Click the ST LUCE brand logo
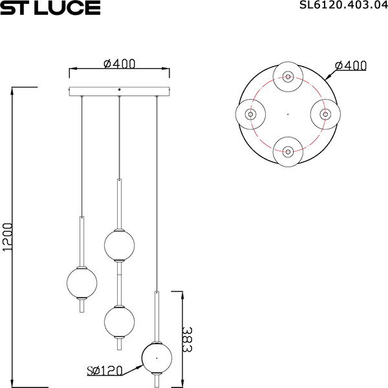coord(50,8)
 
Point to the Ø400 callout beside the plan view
coord(352,65)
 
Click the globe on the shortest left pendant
coord(82,282)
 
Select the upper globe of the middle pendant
coord(120,245)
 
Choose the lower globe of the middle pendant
coord(120,320)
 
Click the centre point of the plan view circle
coord(287,114)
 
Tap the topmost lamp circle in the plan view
coord(287,76)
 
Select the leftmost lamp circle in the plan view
coord(250,114)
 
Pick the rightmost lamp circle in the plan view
coord(325,114)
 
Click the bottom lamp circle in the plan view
coord(287,152)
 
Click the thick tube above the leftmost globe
coord(82,240)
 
